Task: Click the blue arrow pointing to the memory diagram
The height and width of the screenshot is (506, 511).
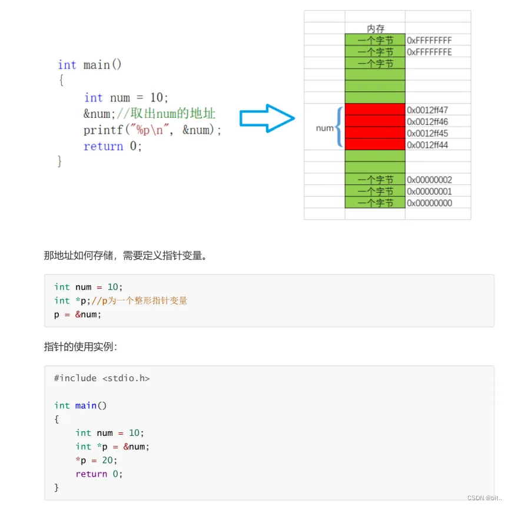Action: (x=267, y=118)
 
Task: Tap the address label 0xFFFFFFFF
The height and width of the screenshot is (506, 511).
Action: (x=429, y=41)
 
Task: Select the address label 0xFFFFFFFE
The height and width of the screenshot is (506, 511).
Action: (x=429, y=52)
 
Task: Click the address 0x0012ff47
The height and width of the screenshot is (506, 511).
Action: (x=427, y=110)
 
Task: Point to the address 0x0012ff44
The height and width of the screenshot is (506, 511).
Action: (x=427, y=144)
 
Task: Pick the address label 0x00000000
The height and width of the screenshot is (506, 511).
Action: (x=429, y=203)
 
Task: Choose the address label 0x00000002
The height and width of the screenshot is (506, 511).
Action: (x=429, y=180)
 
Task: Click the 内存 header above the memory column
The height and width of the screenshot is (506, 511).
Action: (x=375, y=29)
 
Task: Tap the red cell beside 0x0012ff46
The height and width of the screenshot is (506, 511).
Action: (x=375, y=121)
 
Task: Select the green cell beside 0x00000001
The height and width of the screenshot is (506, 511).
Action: (x=375, y=191)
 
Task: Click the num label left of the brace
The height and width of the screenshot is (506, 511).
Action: (x=324, y=128)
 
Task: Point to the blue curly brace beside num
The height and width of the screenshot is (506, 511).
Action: (x=339, y=127)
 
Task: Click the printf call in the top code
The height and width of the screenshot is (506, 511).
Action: (x=152, y=130)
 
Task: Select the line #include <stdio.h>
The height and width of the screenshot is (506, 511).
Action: (x=102, y=378)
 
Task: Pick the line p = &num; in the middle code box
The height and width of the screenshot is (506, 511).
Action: (x=78, y=315)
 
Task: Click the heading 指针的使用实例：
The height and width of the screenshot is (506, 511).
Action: (x=81, y=346)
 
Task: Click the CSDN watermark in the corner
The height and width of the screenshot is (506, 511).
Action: (x=485, y=498)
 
